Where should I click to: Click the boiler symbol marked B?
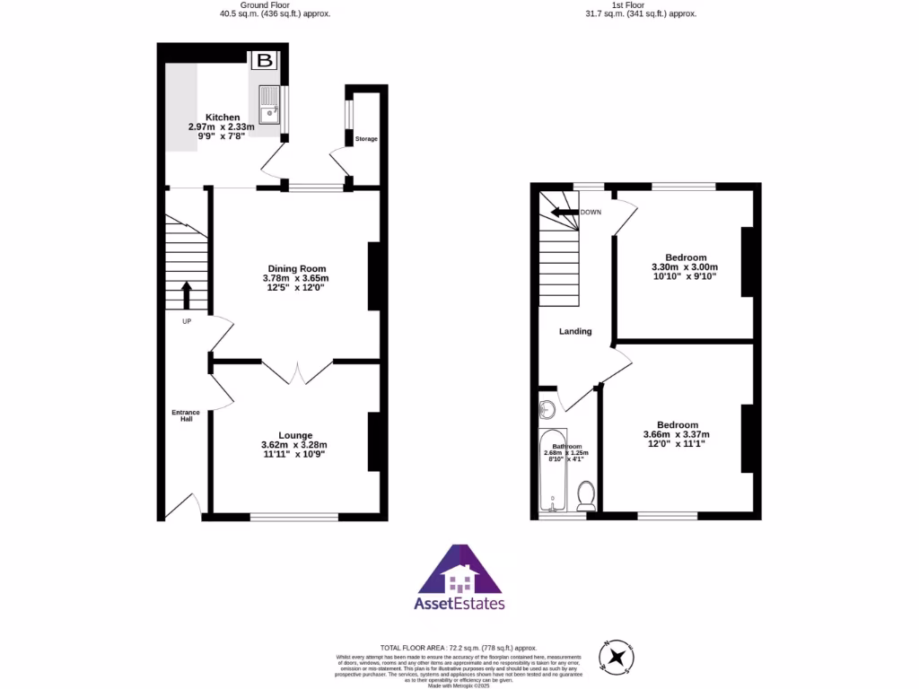point(264,61)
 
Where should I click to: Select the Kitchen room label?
point(223,118)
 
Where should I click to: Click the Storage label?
point(366,139)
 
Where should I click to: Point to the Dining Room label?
point(296,268)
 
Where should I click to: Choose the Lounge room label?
point(294,435)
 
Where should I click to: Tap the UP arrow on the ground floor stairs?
point(187,295)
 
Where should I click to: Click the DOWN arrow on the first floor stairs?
point(565,213)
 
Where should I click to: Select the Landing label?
point(575,331)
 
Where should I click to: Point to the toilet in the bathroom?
point(586,496)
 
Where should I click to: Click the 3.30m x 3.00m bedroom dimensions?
point(685,267)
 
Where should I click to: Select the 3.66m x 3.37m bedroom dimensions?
point(677,435)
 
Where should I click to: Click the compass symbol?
point(617,658)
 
